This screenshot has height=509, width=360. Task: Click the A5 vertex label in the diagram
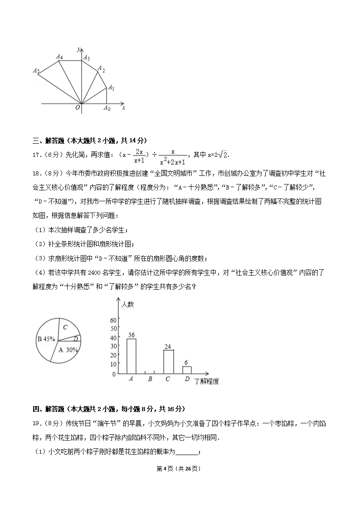tap(36, 71)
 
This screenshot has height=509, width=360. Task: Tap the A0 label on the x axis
tap(107, 108)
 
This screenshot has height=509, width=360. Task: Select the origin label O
tap(78, 107)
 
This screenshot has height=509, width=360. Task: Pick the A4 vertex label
tap(59, 57)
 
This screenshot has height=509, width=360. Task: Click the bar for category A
tap(131, 356)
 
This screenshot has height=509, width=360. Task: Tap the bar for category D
tap(187, 370)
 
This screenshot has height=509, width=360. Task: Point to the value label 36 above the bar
tap(131, 335)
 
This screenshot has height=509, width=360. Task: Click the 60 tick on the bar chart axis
tap(113, 320)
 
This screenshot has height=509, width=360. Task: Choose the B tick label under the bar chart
tap(150, 379)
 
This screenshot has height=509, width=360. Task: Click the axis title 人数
tap(128, 304)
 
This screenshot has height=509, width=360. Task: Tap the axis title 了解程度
tap(206, 382)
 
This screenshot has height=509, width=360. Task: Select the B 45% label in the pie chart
tap(46, 339)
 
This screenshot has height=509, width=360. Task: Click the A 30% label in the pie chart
tap(68, 350)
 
